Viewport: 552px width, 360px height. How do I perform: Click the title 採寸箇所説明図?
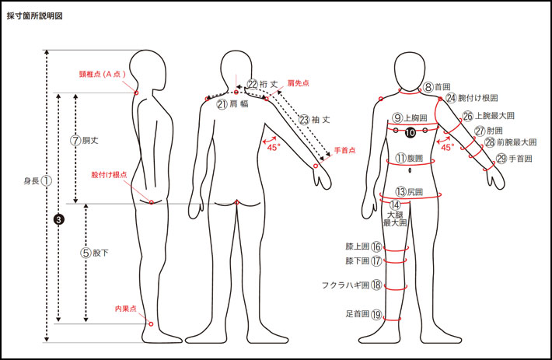click(34, 16)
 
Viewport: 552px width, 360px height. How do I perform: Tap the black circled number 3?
click(59, 219)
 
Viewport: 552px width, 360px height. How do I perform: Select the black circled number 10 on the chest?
click(411, 132)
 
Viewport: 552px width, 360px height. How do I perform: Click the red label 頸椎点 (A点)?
click(103, 74)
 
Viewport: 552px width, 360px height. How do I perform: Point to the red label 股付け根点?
click(109, 174)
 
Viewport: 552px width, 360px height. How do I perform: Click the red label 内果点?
click(126, 309)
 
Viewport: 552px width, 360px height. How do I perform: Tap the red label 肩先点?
click(299, 83)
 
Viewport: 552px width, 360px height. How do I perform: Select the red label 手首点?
click(344, 150)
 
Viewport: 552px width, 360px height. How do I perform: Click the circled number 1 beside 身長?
click(47, 181)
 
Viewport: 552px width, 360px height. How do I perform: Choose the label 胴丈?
click(90, 141)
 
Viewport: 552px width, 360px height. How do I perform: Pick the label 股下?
click(100, 253)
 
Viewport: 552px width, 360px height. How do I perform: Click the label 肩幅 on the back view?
click(239, 104)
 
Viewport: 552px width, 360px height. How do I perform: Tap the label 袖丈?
click(321, 120)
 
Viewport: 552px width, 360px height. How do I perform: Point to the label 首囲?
click(442, 86)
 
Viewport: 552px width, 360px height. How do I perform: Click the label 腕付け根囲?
click(477, 98)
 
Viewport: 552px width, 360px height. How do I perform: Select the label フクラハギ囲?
click(345, 285)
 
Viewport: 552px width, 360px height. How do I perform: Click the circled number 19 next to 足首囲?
click(376, 314)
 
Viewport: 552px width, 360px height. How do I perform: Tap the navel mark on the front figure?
click(410, 171)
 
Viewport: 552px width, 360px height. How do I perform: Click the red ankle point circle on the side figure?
click(151, 323)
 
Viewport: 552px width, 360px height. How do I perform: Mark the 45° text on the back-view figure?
click(273, 147)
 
